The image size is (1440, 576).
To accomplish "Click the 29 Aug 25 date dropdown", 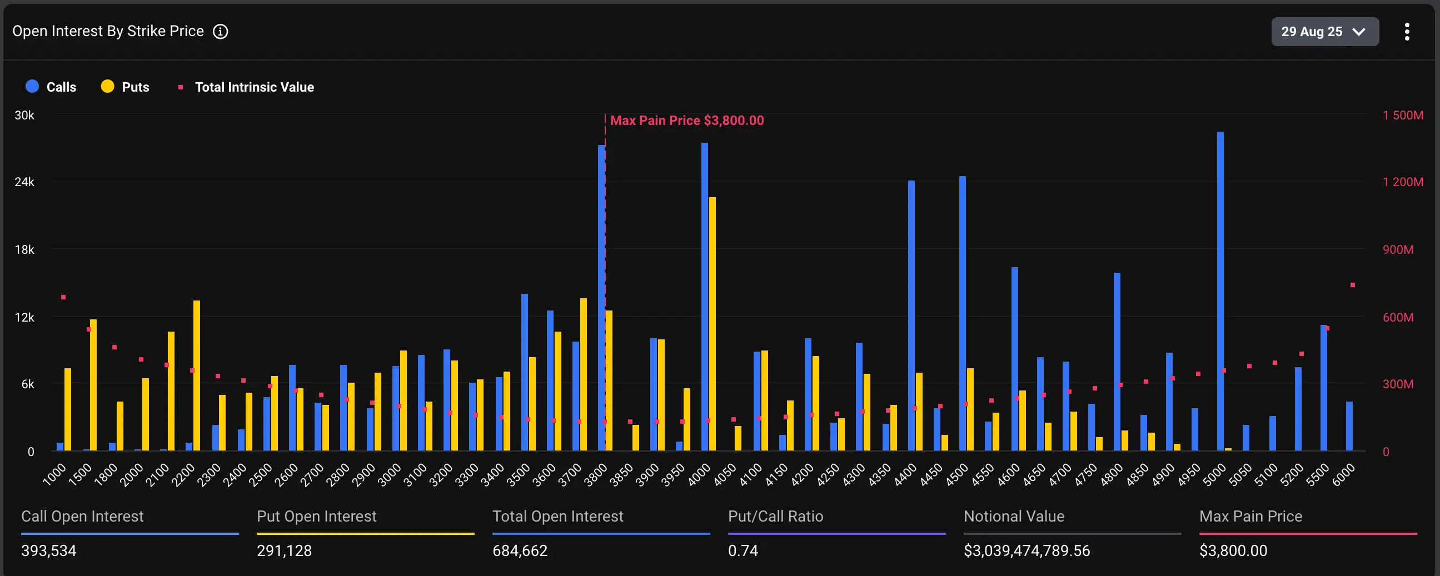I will (1324, 32).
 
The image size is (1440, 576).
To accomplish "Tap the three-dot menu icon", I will (1407, 32).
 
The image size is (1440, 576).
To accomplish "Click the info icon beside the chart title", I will (220, 32).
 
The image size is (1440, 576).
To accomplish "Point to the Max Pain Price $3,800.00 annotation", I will (686, 121).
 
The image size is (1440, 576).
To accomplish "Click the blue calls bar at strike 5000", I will (1220, 290).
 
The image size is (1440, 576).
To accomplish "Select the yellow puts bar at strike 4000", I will (712, 324).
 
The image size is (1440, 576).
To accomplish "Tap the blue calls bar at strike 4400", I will (911, 315).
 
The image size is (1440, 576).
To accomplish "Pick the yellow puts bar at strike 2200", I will (197, 375).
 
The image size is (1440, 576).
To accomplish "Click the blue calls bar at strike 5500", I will (1323, 388).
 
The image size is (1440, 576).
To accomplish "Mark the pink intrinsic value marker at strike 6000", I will (1352, 285).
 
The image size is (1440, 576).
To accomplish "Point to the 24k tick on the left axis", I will (24, 182).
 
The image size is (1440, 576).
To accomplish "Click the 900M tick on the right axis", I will (1398, 250).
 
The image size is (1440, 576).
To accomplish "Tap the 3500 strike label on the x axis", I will (519, 474).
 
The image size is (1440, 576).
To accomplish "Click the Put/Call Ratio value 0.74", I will (743, 551).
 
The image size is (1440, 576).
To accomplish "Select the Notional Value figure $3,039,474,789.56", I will (1027, 551).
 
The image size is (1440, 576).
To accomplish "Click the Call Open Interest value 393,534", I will (49, 551).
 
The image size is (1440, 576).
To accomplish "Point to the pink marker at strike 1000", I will (63, 297).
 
